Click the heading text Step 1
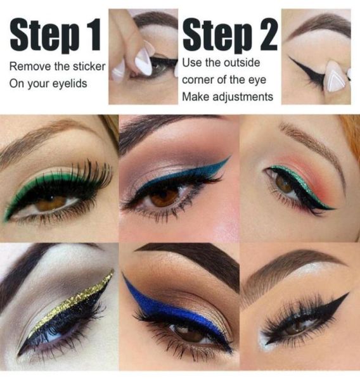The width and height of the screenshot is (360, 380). pyautogui.click(x=55, y=37)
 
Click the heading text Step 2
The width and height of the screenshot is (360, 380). pyautogui.click(x=230, y=37)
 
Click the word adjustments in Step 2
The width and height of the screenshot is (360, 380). pyautogui.click(x=243, y=97)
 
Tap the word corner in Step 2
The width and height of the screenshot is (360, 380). pyautogui.click(x=198, y=80)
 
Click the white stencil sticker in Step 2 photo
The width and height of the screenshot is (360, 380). pyautogui.click(x=334, y=79)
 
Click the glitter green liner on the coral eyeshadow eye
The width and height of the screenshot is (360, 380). pyautogui.click(x=297, y=178)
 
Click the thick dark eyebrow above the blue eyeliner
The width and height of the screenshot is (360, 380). pyautogui.click(x=190, y=261)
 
